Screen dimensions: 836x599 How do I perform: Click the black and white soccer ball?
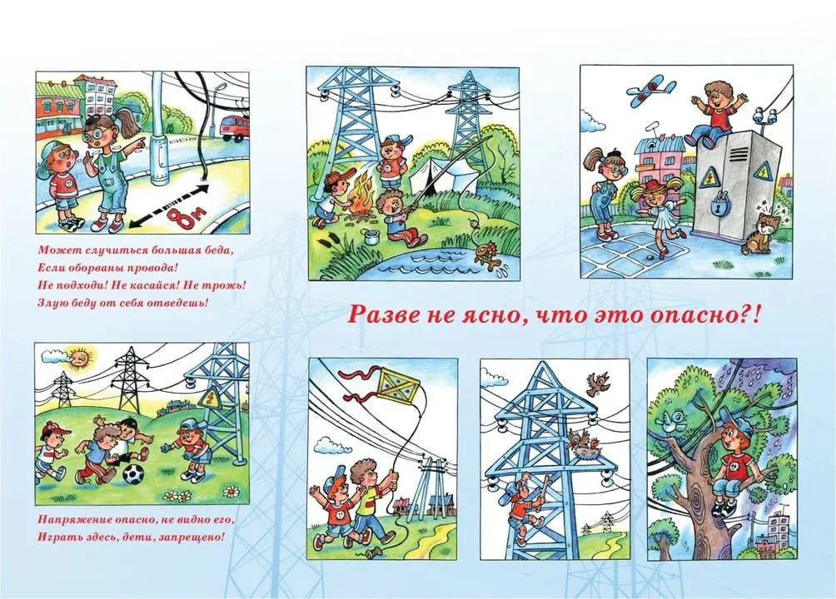[x=133, y=473]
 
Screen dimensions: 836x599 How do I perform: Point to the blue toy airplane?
[x=651, y=91]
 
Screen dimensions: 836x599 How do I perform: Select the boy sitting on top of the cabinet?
[x=715, y=113]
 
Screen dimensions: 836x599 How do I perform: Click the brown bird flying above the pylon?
[x=598, y=384]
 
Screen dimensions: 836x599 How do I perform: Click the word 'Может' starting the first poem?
[x=51, y=250]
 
